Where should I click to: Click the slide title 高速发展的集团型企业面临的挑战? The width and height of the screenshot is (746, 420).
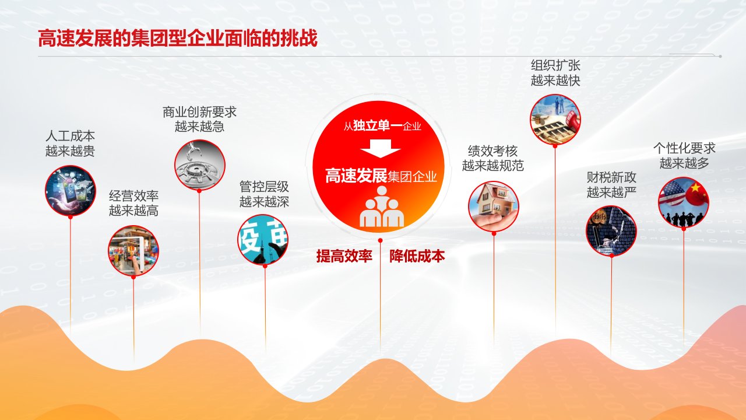pyautogui.click(x=178, y=38)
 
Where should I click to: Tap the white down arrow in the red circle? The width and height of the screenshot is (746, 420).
pyautogui.click(x=381, y=148)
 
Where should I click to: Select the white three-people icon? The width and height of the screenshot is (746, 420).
pyautogui.click(x=382, y=206)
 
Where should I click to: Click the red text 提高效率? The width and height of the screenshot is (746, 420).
pyautogui.click(x=344, y=256)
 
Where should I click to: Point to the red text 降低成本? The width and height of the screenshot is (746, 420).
pyautogui.click(x=417, y=256)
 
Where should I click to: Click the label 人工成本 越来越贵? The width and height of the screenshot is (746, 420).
pyautogui.click(x=71, y=143)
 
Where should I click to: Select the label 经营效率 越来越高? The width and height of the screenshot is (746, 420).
pyautogui.click(x=133, y=203)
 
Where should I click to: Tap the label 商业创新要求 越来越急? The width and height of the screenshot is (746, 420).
pyautogui.click(x=199, y=119)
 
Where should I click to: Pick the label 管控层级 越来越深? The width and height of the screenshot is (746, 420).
pyautogui.click(x=264, y=194)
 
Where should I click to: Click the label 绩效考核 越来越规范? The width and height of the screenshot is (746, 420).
pyautogui.click(x=493, y=158)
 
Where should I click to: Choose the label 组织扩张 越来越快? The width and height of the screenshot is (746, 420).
pyautogui.click(x=555, y=73)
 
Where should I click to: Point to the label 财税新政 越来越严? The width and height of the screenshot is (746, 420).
pyautogui.click(x=611, y=185)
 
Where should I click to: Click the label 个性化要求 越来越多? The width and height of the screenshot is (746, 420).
pyautogui.click(x=684, y=155)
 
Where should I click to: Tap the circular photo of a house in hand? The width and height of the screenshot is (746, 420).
pyautogui.click(x=494, y=206)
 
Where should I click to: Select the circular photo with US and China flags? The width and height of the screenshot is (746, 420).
pyautogui.click(x=684, y=202)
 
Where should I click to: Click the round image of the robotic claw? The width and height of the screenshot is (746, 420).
pyautogui.click(x=200, y=165)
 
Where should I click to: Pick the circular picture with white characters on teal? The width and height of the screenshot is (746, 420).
pyautogui.click(x=263, y=239)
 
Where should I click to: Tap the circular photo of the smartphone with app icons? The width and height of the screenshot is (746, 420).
pyautogui.click(x=71, y=191)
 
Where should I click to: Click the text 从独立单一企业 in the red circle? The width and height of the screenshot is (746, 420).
pyautogui.click(x=382, y=125)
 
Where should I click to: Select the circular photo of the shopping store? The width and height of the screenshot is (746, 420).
pyautogui.click(x=133, y=251)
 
